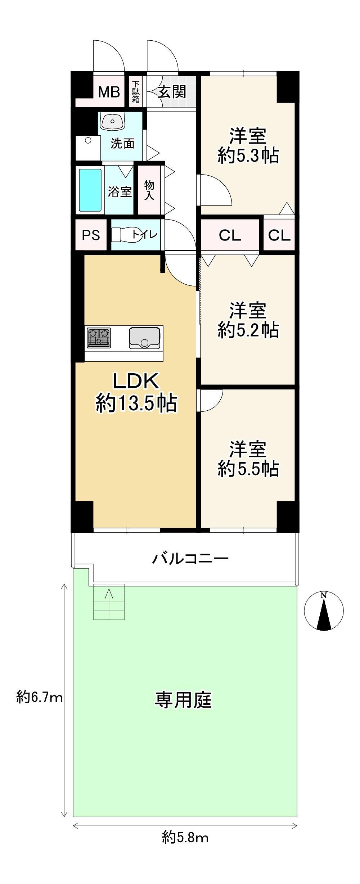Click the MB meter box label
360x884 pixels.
point(109,92)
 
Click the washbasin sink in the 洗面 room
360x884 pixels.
point(113,121)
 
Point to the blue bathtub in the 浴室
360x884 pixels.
point(90,190)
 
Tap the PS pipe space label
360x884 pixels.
point(91,235)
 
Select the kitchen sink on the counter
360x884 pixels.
point(144,338)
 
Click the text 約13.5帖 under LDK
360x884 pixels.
point(136,403)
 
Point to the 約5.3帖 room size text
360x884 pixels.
point(248,156)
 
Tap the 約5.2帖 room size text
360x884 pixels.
point(248,330)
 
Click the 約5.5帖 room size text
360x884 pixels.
point(248,469)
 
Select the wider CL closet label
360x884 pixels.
point(230,235)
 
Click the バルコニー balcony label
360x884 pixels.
point(190,559)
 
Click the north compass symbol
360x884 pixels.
point(324,611)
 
